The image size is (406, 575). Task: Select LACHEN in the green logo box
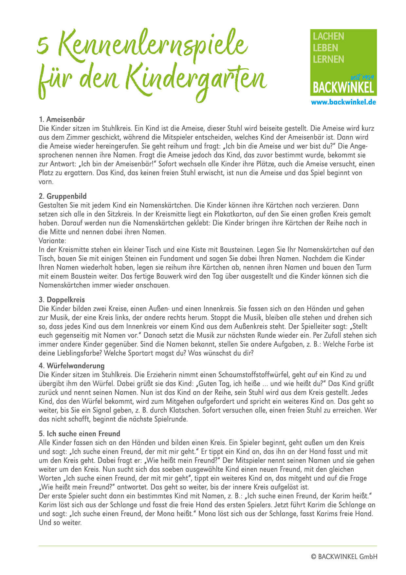[x=328, y=36]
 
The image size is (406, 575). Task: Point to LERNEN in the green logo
[x=328, y=59]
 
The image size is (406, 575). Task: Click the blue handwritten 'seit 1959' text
[x=362, y=78]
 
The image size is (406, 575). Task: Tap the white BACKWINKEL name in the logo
[x=343, y=88]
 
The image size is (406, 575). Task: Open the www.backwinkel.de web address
[x=343, y=102]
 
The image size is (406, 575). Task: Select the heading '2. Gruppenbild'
[x=63, y=196]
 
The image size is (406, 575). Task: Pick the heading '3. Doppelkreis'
[x=62, y=300]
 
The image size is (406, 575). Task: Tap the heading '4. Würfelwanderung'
[x=71, y=366]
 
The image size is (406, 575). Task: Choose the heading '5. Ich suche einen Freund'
[x=79, y=434]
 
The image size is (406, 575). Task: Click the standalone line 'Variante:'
[x=52, y=241]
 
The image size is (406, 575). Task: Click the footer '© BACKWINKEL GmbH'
[x=344, y=557]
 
